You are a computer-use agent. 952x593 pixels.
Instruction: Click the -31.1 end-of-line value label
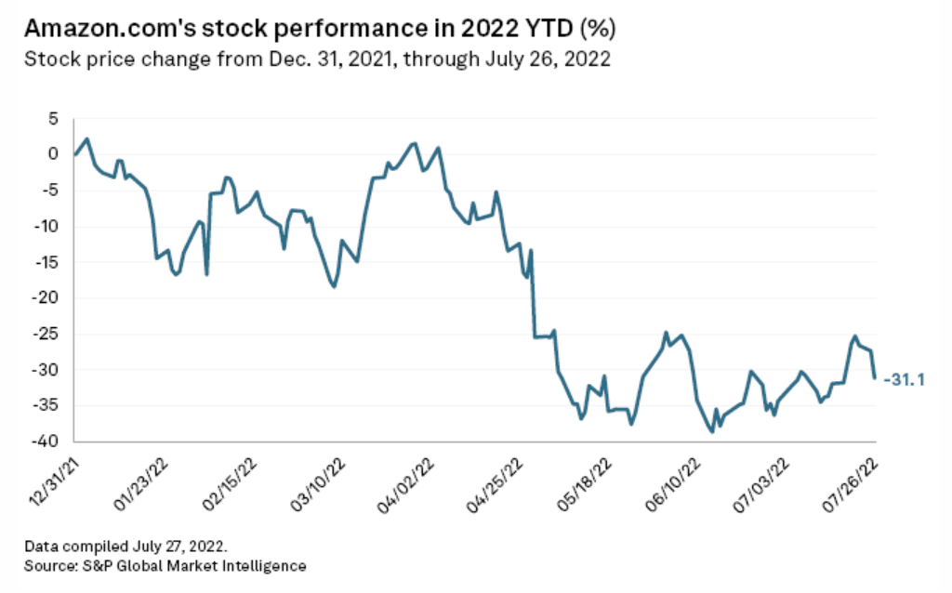pos(904,379)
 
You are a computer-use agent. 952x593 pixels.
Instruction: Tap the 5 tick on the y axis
pos(52,119)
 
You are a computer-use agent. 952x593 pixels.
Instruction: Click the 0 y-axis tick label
pos(52,154)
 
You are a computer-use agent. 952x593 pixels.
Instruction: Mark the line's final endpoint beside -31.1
pos(874,377)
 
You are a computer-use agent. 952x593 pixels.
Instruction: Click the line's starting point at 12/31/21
pos(74,154)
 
